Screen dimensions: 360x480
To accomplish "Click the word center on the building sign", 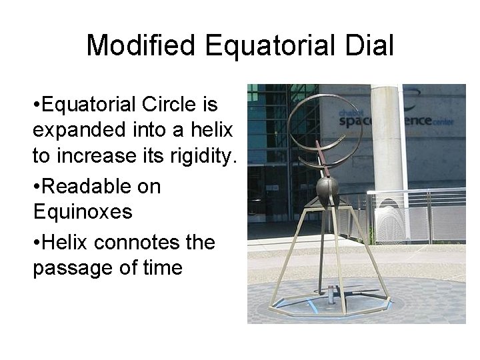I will pos(423,123).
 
